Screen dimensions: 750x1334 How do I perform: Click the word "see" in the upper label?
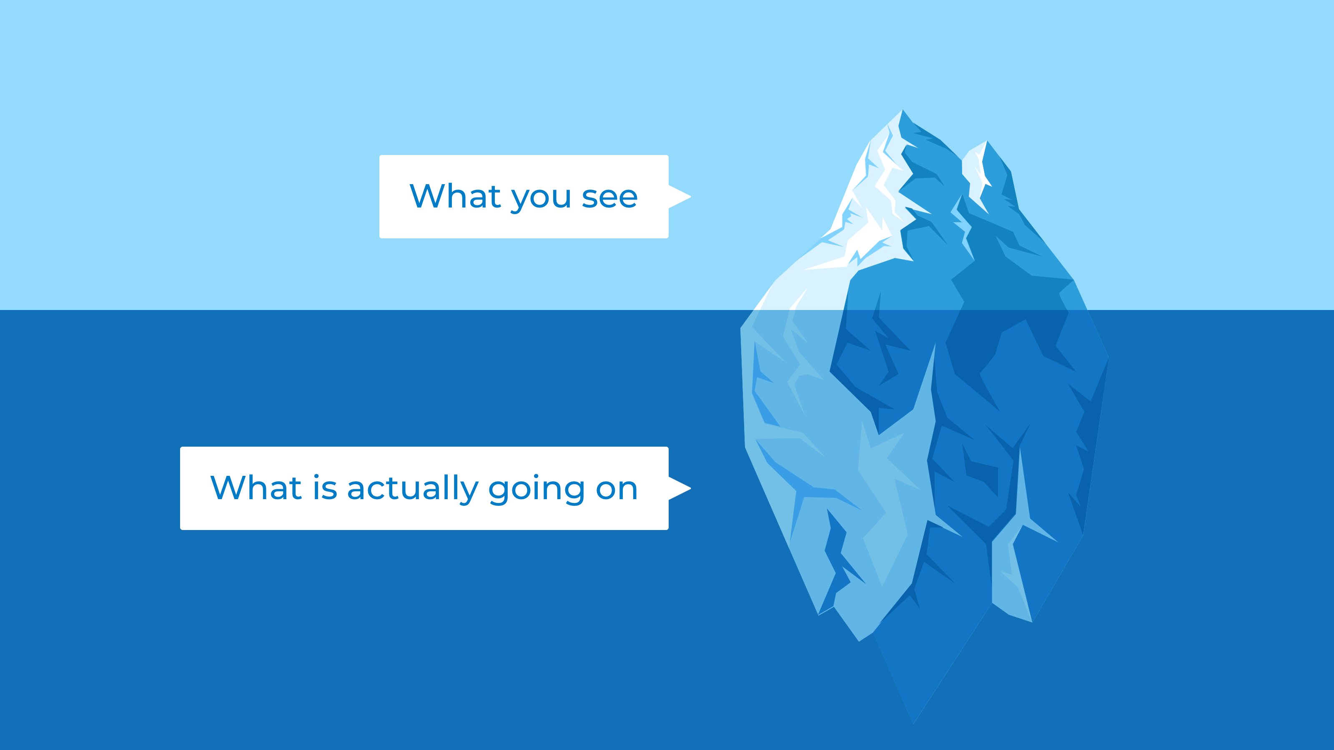[609, 197]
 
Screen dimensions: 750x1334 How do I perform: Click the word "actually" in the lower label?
[413, 489]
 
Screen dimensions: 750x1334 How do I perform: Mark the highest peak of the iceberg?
[903, 111]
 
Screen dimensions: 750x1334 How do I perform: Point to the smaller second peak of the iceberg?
[985, 142]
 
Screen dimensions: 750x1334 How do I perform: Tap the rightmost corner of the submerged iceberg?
[1107, 357]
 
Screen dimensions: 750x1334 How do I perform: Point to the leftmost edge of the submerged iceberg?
[742, 327]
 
